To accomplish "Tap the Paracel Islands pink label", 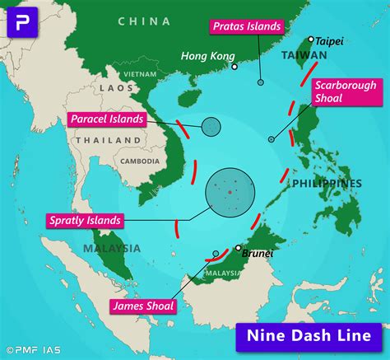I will coord(107,119).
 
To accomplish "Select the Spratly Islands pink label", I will coord(86,220).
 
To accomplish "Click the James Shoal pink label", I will coord(142,306).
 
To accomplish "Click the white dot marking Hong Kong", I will coord(234,67).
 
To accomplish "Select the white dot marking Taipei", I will coord(311,39).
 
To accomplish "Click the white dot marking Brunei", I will coord(239,247).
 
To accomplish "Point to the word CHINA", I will coord(144,21).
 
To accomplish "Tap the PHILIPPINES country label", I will coord(327,183).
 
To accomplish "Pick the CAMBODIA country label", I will coord(140,161).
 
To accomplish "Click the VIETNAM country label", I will coord(140,73).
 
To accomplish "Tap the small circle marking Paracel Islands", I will coord(211,126).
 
